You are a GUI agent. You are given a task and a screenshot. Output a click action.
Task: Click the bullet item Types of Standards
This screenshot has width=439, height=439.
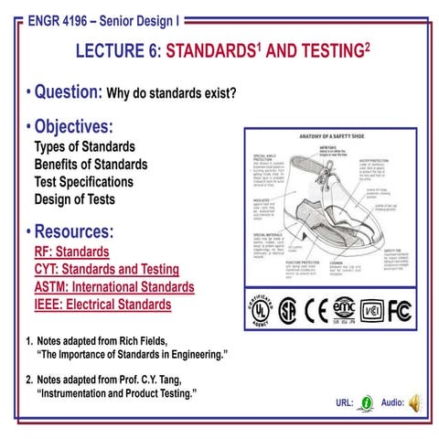84,146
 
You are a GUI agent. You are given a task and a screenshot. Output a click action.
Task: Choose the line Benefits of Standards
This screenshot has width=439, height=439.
90,164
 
